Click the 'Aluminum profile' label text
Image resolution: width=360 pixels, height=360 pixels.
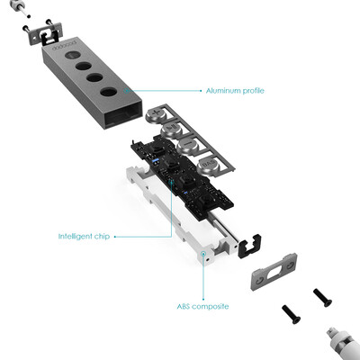(235, 91)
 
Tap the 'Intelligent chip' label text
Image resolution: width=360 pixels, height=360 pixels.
(84, 237)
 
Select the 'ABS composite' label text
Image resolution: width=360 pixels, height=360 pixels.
(202, 307)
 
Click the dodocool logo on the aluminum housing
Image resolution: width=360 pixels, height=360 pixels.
(65, 44)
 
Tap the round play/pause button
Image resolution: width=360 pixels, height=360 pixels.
(171, 130)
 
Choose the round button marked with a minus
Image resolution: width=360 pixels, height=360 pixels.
(187, 147)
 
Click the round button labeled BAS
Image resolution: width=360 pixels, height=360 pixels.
(209, 166)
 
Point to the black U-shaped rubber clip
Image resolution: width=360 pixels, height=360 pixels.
(249, 246)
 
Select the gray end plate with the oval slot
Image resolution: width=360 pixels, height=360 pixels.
(274, 271)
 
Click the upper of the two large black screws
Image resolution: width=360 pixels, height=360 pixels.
(322, 298)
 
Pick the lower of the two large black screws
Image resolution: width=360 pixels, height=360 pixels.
(291, 314)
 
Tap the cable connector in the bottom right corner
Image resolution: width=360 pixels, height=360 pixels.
(343, 345)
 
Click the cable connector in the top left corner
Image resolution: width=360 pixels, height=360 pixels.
(17, 7)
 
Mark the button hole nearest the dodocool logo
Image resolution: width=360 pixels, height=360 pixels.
(73, 55)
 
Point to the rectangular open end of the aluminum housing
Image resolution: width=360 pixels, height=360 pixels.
(123, 114)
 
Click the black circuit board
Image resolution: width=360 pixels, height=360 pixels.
(182, 175)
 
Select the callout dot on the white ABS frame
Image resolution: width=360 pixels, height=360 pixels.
(203, 254)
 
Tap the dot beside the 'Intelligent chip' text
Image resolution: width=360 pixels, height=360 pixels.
(115, 237)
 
